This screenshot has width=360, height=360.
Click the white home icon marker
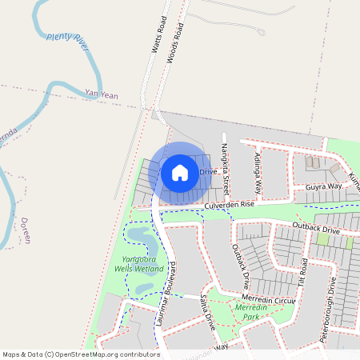click(x=180, y=172)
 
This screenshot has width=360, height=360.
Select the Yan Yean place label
click(x=102, y=95)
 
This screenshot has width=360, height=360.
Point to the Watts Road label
click(x=158, y=34)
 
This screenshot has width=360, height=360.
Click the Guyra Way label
click(x=323, y=186)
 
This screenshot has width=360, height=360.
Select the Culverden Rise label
click(x=229, y=205)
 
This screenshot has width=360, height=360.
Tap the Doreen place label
click(x=27, y=230)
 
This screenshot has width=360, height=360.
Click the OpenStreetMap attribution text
click(x=81, y=354)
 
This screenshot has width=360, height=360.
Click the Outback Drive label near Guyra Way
click(x=317, y=230)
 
